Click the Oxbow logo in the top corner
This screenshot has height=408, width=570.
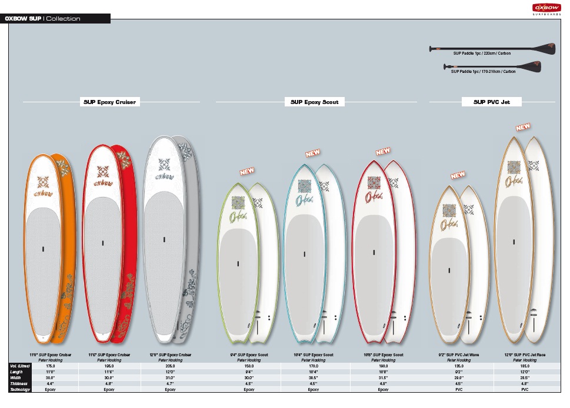544,8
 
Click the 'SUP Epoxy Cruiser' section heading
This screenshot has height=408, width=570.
109,102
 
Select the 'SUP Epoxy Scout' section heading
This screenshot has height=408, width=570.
315,102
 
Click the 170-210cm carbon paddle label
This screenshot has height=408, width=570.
483,72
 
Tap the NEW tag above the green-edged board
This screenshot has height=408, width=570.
247,172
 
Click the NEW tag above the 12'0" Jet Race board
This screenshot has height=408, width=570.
523,126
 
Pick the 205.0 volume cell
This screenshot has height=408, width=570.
171,366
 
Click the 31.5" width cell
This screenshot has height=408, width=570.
383,377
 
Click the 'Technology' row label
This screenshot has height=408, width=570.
20,389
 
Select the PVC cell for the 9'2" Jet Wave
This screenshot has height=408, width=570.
459,389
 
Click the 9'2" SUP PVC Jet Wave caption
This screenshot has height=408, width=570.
459,355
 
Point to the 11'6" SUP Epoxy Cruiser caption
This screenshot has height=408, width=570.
109,355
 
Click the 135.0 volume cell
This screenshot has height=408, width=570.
459,366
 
